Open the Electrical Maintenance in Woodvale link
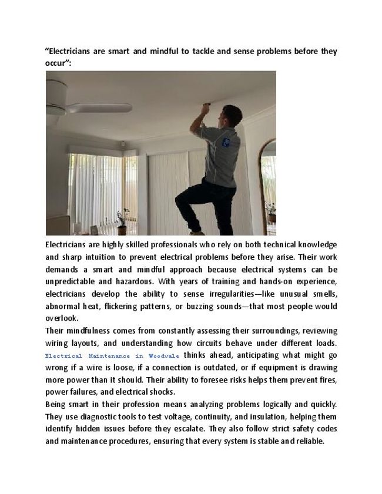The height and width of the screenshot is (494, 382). tap(112, 356)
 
